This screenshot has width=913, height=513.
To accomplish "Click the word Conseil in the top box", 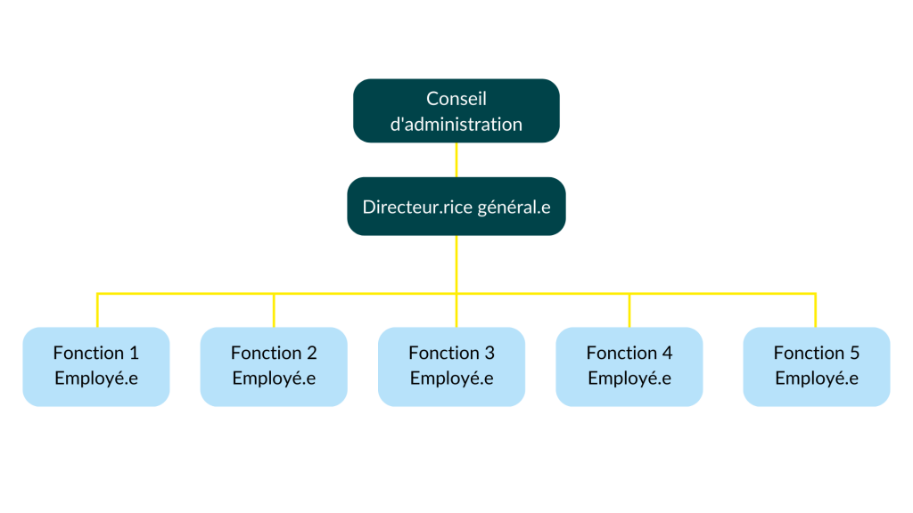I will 456,99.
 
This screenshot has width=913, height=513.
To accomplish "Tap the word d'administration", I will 456,124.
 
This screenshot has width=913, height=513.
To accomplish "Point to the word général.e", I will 514,208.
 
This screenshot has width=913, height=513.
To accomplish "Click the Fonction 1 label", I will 95,353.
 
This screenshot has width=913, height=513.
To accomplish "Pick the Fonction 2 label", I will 274,353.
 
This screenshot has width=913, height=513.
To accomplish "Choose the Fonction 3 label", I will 451,353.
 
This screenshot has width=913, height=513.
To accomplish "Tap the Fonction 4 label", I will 629,353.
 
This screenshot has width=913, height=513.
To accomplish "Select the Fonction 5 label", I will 816,353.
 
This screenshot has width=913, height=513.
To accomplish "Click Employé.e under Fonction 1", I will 95,378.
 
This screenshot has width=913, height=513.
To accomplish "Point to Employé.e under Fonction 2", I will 274,378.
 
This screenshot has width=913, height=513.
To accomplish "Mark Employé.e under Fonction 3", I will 451,378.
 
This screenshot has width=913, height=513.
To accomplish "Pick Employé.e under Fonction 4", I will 629,378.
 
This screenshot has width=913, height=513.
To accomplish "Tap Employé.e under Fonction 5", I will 816,378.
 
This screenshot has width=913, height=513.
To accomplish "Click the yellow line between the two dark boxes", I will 456,159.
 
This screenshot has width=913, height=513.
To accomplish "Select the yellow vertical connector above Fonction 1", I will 96,310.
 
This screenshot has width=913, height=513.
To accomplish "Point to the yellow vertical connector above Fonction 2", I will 274,310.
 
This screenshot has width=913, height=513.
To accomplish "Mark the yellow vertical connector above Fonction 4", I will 629,310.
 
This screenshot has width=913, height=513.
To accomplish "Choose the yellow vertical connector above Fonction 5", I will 815,310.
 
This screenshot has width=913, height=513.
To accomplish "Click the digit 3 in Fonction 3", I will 489,353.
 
